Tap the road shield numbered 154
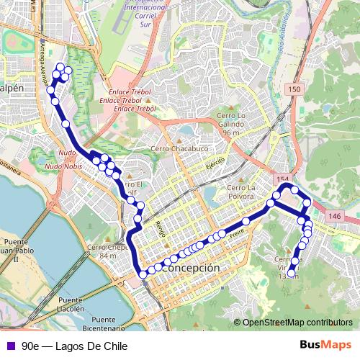click(x=281, y=178)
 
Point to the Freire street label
click(x=237, y=233)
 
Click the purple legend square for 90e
click(x=9, y=346)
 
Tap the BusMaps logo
click(x=326, y=346)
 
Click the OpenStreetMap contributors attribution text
click(x=297, y=323)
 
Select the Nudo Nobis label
click(x=63, y=166)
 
